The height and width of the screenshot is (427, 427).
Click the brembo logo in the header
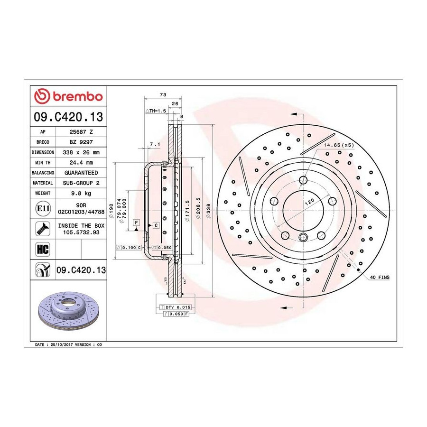68,96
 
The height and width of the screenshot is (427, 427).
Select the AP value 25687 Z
81,132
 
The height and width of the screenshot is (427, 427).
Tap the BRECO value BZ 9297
81,142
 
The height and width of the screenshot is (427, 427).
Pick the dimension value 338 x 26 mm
81,152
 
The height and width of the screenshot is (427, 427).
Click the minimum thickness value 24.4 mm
81,163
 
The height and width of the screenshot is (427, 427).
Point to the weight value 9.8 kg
81,194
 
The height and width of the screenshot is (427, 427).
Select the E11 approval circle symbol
43,209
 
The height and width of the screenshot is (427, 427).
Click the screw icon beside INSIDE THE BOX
43,229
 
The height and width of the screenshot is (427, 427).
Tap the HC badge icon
43,249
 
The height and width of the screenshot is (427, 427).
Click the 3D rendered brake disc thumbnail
68,311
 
